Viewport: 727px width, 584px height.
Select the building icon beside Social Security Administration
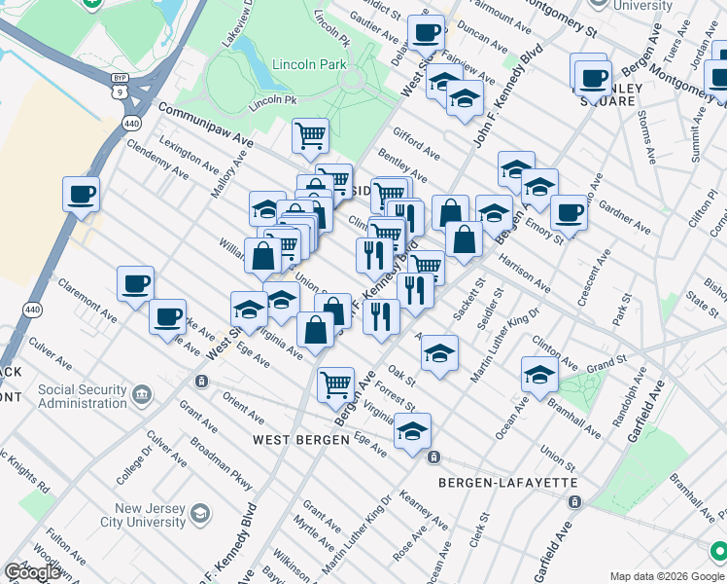coord(143,393)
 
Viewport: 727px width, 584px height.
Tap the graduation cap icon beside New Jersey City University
coord(200,513)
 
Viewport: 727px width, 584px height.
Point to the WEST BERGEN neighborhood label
coord(301,440)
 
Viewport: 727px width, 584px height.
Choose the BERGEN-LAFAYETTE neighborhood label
coord(508,483)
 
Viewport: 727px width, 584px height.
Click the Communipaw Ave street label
coord(204,128)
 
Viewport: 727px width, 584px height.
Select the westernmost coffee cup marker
coord(81,193)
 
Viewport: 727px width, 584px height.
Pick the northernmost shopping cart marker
coord(310,135)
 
